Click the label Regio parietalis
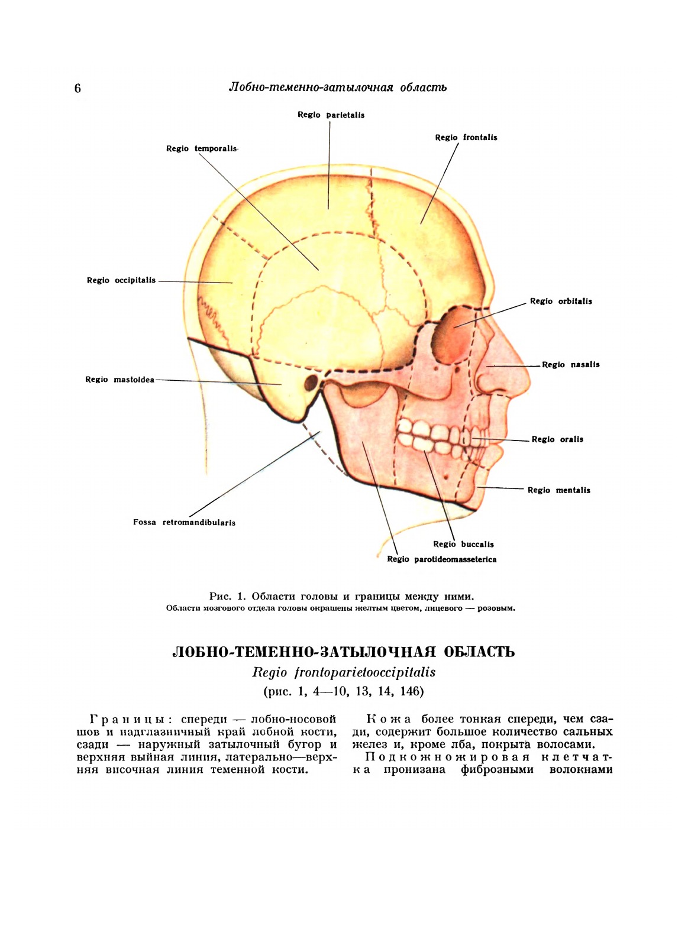(x=331, y=115)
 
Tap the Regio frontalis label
(x=466, y=138)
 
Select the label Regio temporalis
(x=202, y=148)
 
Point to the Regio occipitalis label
(x=121, y=280)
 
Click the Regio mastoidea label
(x=119, y=380)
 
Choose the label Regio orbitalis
(x=561, y=302)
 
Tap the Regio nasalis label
(x=571, y=365)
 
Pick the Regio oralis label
(x=557, y=439)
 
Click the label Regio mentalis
(x=559, y=490)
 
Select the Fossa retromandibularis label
(x=184, y=523)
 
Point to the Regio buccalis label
(x=463, y=545)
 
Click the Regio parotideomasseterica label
(x=442, y=559)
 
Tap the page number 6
(x=77, y=89)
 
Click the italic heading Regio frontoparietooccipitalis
(x=344, y=672)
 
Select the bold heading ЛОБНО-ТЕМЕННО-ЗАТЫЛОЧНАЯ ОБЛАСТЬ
(x=343, y=652)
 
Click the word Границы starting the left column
(x=130, y=720)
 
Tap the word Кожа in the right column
(x=389, y=720)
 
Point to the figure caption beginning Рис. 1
(x=341, y=596)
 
